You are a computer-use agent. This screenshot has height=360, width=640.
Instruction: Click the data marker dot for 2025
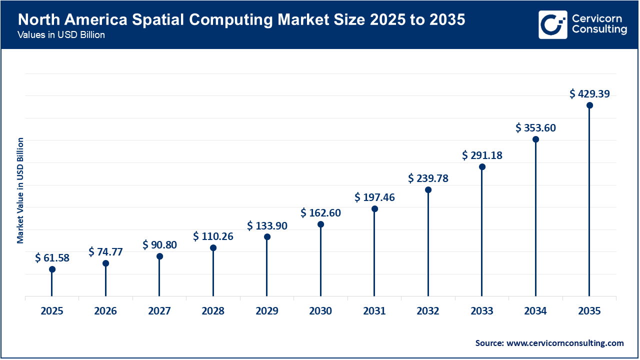coord(52,269)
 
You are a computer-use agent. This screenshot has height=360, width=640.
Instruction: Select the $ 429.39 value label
coord(589,93)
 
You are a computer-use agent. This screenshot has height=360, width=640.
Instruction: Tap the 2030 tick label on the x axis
coord(320,311)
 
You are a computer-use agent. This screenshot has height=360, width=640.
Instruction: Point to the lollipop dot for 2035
coord(589,105)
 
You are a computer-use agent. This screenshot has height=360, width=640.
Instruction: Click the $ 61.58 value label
coord(52,258)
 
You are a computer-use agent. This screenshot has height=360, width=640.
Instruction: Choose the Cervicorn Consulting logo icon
coord(552,24)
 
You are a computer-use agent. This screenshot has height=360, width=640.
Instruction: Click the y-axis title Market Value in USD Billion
coord(20,190)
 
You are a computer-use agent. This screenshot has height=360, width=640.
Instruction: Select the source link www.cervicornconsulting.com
coord(565,343)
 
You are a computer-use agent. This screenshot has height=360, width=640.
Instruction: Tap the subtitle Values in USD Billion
coord(61,35)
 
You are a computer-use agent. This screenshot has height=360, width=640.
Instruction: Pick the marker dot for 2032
coord(428,190)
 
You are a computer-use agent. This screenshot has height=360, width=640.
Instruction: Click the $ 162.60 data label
coord(320,213)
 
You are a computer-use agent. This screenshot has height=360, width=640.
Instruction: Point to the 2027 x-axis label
coord(159,311)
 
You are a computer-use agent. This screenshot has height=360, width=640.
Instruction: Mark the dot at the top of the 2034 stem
coord(535,139)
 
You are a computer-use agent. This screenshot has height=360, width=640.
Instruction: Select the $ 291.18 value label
coord(482,155)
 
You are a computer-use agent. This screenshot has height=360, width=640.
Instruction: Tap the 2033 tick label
coord(482,311)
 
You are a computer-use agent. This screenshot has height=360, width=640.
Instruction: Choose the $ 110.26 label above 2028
coord(213,236)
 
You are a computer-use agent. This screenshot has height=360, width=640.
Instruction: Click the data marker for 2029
coord(267,237)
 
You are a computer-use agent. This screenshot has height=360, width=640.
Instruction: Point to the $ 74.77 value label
coord(105,251)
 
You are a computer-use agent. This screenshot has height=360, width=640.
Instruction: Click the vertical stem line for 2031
coord(374,255)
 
